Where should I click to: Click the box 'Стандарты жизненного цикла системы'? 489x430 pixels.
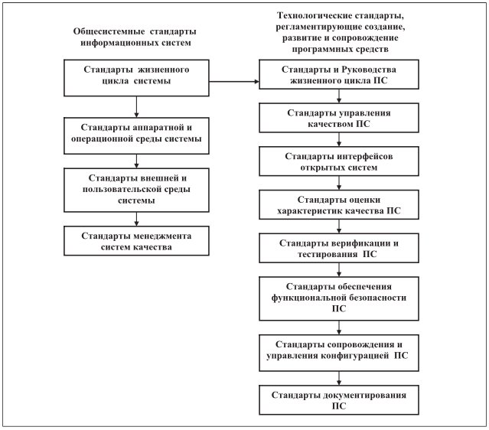[x=136, y=78]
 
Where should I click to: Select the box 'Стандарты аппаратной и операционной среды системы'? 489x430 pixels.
[x=136, y=135]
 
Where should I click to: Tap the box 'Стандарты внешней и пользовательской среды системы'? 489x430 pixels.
[x=136, y=191]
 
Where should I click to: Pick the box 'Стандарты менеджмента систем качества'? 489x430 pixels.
[x=136, y=241]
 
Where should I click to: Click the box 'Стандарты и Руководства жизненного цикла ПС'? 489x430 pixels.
[x=339, y=74]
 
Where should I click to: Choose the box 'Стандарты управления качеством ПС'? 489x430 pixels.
[x=339, y=118]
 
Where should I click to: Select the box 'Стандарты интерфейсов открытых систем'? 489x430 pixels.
[x=339, y=161]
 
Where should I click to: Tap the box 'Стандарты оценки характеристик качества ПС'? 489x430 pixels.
[x=339, y=204]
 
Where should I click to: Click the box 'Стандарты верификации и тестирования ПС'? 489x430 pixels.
[x=339, y=248]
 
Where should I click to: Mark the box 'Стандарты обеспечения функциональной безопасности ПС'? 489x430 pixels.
[x=339, y=298]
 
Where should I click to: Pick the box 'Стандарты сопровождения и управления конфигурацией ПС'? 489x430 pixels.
[x=339, y=353]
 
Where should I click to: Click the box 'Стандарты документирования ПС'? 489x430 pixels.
[x=339, y=399]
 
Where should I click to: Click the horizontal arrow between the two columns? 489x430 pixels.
[x=234, y=82]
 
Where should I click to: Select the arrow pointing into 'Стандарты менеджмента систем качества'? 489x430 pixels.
[x=136, y=220]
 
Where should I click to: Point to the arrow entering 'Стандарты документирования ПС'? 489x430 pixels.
[x=339, y=378]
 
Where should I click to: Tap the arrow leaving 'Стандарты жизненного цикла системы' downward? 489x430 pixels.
[x=136, y=106]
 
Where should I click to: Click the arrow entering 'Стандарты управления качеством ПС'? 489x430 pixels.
[x=339, y=96]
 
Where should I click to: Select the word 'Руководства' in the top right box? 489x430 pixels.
[x=369, y=70]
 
